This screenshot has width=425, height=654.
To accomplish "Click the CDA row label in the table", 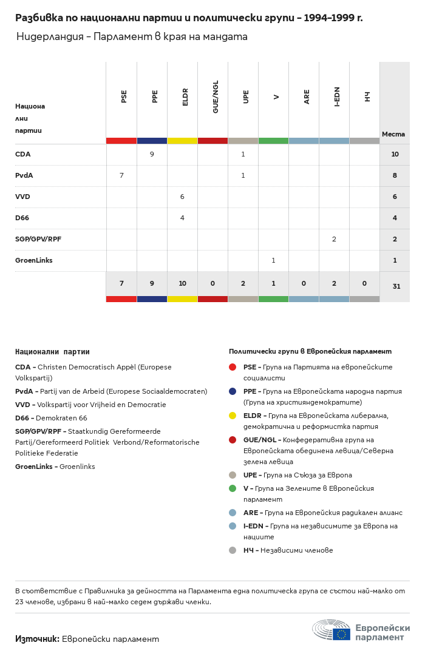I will coord(23,155).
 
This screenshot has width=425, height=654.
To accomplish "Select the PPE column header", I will coord(155,96).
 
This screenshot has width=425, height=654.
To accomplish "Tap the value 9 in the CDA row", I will coord(152,155).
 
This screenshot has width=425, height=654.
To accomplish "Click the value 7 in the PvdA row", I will coord(121,176).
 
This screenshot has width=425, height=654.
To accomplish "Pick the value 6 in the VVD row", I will coord(182,197).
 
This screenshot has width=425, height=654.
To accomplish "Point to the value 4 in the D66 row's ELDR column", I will coord(182,218).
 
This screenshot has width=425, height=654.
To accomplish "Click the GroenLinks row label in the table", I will coord(34,261).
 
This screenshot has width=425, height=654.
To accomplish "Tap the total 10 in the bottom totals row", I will coord(182,283).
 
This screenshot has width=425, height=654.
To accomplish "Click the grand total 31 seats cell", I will coord(396,286).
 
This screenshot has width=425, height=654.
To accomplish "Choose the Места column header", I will coord(393,134).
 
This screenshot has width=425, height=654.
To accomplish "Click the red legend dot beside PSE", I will coord(233,367).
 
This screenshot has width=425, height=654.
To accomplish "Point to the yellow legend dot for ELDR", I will coord(233,416).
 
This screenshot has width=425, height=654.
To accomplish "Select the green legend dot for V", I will coord(233,488).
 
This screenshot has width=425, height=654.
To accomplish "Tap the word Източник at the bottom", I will coord(37,639).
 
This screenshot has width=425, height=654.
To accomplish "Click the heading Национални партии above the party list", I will coord(52,352).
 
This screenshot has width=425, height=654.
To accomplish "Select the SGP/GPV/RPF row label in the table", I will coord(38,240).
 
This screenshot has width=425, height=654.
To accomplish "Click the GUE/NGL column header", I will coord(216,96).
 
